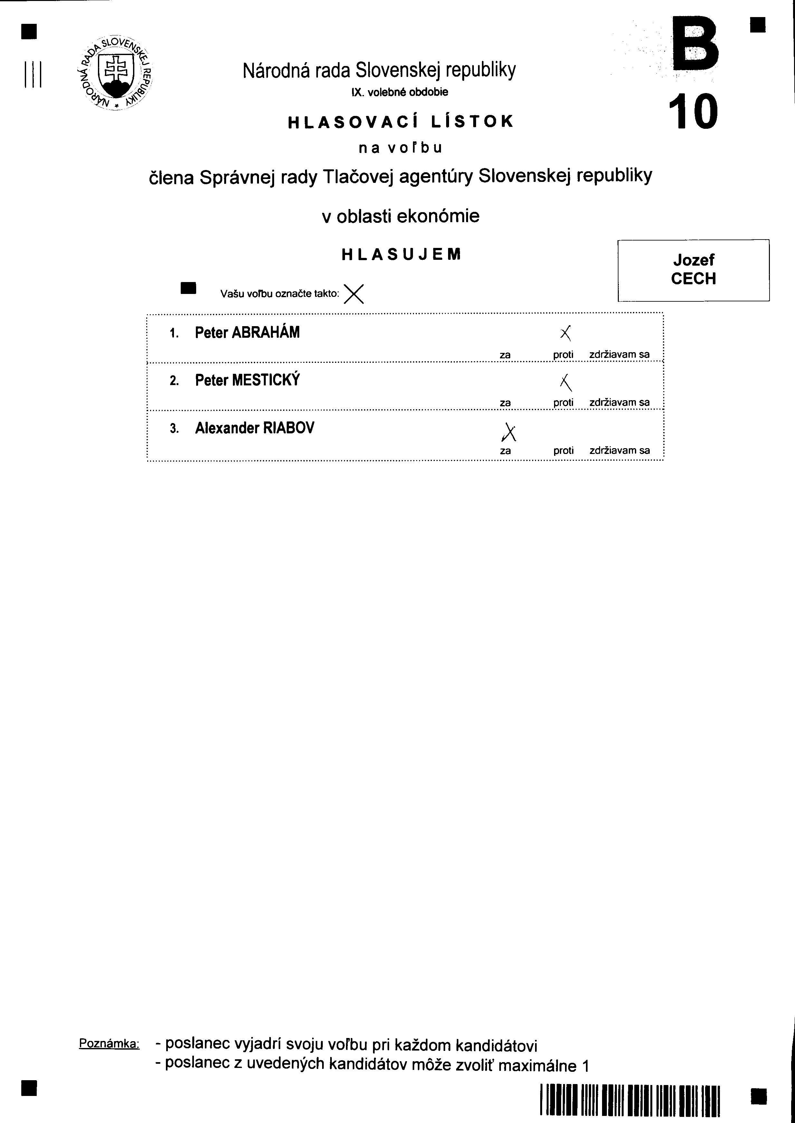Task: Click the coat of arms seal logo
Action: pos(116,73)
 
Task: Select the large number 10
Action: pos(693,112)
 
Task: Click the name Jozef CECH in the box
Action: pos(693,269)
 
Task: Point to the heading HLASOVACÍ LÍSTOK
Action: pos(400,121)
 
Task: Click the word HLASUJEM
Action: pos(401,254)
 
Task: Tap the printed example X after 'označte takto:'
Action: pos(353,294)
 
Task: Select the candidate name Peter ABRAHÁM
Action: pos(247,333)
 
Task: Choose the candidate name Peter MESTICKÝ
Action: pos(247,380)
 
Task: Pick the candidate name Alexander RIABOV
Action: pos(254,428)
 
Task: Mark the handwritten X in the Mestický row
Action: pos(566,382)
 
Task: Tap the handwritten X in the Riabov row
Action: pos(509,431)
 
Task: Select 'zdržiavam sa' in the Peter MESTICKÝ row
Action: pos(619,402)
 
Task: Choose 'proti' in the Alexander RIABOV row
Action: pos(563,450)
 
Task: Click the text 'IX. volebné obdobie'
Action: pos(399,92)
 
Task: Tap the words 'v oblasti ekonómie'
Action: pos(400,216)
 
